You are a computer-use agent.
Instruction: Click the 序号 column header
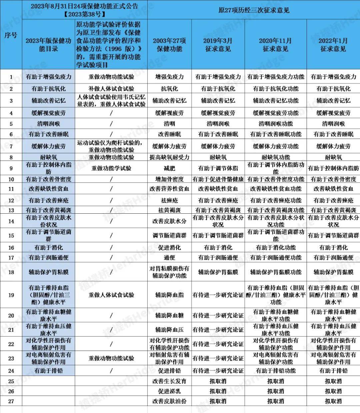[x=11, y=35]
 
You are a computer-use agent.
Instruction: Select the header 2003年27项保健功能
[x=169, y=45]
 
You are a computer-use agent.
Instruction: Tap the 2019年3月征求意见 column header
[x=218, y=45]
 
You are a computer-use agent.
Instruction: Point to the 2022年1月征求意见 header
[x=333, y=45]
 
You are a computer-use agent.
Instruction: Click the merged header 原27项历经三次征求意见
[x=254, y=10]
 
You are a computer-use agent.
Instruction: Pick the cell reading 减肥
[x=169, y=168]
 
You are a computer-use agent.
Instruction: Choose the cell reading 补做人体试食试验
[x=111, y=89]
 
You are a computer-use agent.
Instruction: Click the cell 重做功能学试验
[x=111, y=168]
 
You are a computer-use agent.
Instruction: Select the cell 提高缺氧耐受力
[x=169, y=157]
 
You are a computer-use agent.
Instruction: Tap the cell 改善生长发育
[x=169, y=381]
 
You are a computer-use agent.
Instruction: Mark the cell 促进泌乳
[x=169, y=391]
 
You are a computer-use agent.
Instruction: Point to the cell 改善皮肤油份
[x=169, y=401]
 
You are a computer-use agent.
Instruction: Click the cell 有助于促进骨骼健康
[x=218, y=179]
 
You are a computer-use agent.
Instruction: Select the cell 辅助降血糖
[x=169, y=315]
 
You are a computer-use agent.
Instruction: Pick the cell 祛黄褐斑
[x=169, y=210]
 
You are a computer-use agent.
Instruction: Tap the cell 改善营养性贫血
[x=169, y=189]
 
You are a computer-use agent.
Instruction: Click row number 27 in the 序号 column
[x=11, y=401]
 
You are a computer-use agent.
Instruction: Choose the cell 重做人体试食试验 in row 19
[x=111, y=295]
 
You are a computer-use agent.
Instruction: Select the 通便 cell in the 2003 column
[x=169, y=258]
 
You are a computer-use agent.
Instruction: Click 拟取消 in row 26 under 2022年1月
[x=333, y=391]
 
